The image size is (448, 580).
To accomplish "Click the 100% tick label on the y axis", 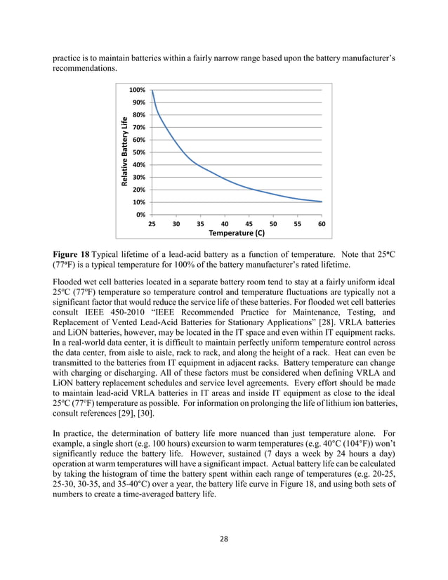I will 137,91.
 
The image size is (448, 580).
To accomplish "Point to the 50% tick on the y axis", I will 138,152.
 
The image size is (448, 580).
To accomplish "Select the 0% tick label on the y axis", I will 140,214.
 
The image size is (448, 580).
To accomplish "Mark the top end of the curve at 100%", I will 152,91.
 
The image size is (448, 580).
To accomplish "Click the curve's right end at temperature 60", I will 322,202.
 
